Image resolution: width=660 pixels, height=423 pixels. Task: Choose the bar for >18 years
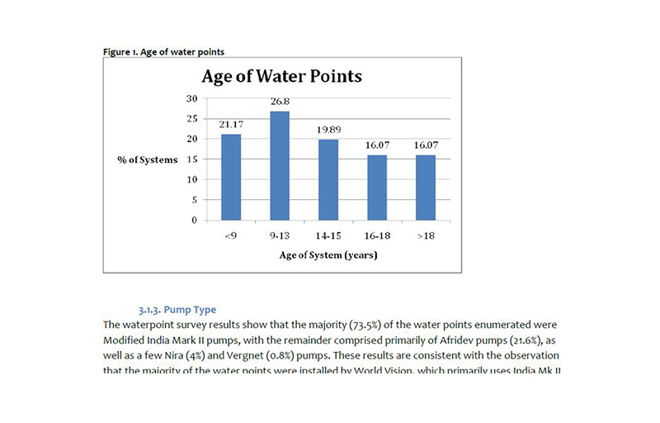point(425,188)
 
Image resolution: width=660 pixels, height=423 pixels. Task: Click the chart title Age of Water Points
point(282,77)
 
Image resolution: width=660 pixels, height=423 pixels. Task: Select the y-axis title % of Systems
point(147,159)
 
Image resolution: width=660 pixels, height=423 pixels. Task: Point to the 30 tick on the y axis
point(191,98)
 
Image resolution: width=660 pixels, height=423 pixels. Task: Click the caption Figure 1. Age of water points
point(163,52)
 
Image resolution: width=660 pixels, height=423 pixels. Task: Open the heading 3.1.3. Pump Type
point(177,310)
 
